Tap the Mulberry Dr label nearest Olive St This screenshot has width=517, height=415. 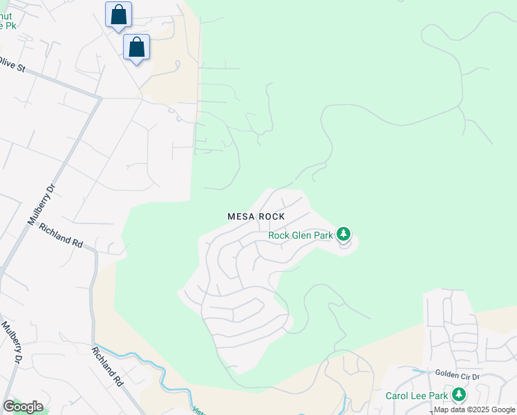(x=39, y=205)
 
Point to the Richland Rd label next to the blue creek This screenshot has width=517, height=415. (x=107, y=366)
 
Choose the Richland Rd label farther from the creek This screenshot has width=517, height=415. (x=61, y=235)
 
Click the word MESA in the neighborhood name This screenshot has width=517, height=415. (x=241, y=217)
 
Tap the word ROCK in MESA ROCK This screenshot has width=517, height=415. (x=272, y=217)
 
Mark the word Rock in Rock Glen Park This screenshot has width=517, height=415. (x=279, y=235)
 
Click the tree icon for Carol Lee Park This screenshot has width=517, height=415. (x=458, y=396)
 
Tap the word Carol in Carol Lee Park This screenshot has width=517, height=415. (x=398, y=396)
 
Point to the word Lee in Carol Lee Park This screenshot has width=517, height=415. (x=420, y=396)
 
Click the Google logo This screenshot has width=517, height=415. (x=23, y=407)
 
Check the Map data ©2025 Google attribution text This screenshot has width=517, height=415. (x=474, y=410)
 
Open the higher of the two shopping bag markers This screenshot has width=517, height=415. (x=118, y=15)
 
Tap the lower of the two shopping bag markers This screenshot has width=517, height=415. (x=137, y=48)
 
